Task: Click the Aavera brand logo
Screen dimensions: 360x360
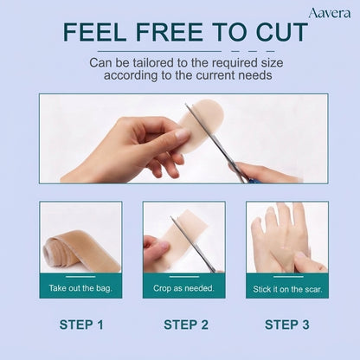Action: [330, 13]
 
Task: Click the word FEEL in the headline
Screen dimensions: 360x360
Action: [94, 32]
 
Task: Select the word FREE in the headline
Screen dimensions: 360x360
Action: [170, 32]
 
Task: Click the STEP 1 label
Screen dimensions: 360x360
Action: [81, 325]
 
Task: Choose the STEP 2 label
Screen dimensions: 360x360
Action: [186, 325]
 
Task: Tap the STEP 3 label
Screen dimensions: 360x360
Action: [287, 325]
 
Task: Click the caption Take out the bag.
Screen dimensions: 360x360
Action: [80, 288]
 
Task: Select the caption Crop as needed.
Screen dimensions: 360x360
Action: [183, 288]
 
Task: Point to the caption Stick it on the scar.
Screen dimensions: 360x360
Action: [287, 289]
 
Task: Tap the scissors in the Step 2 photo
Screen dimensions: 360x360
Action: [193, 244]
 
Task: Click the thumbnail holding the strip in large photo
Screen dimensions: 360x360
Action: [183, 134]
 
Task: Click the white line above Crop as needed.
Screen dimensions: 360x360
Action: [184, 277]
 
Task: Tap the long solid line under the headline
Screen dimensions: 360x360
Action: [159, 51]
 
